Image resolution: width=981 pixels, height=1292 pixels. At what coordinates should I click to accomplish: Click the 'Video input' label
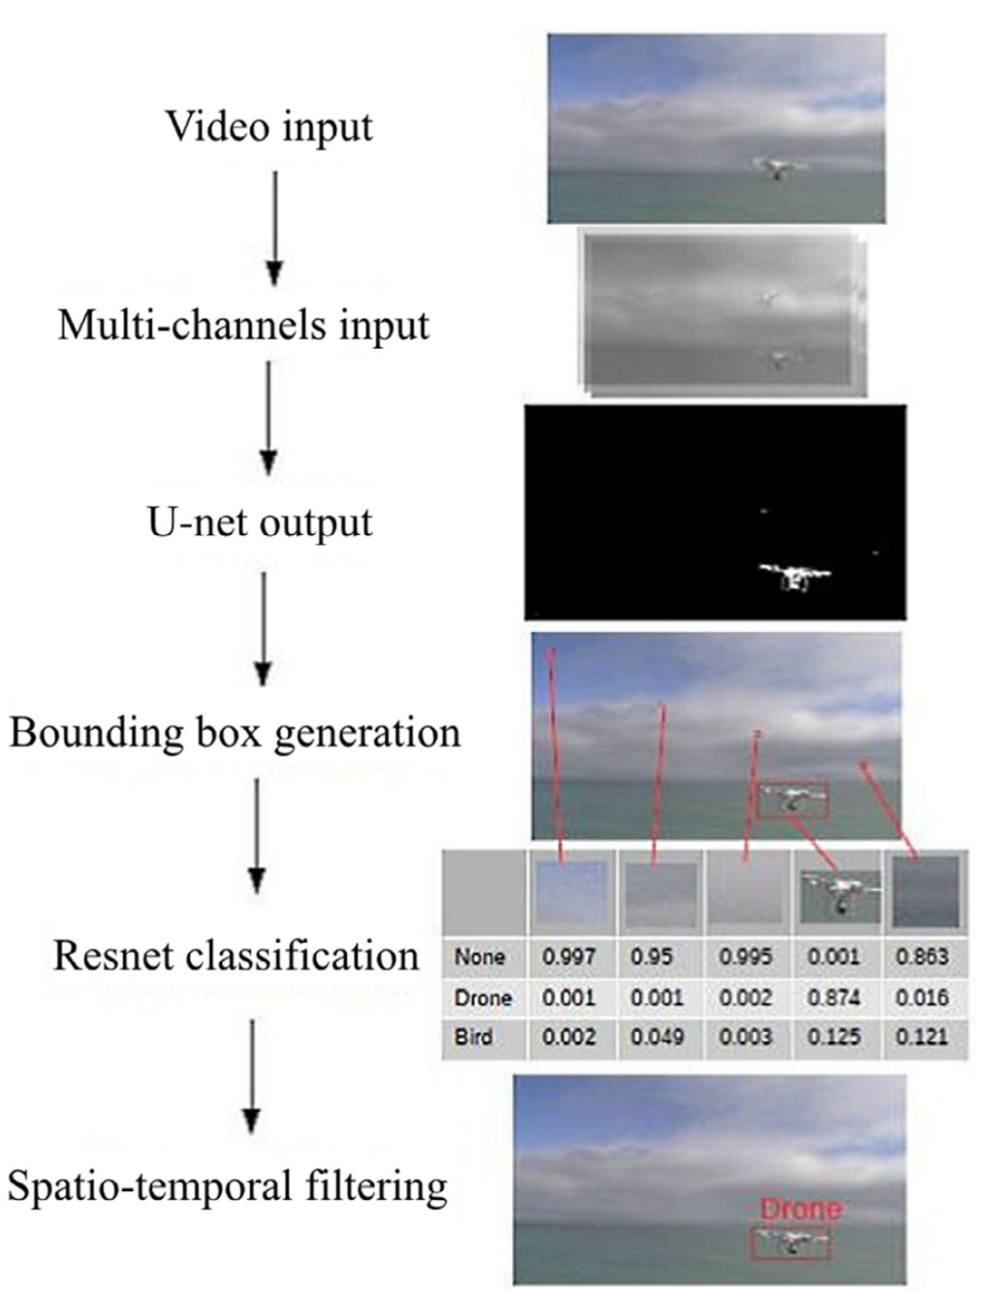[x=268, y=126]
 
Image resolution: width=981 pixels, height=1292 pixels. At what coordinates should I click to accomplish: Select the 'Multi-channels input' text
[x=243, y=325]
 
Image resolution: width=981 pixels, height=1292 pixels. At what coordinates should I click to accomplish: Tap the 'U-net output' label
[x=260, y=522]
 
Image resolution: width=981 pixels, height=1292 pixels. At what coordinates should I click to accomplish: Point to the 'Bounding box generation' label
[x=235, y=732]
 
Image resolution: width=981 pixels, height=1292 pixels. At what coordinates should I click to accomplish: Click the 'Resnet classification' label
[x=236, y=956]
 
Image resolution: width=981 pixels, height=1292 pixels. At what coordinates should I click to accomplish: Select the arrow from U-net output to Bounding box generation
[x=263, y=627]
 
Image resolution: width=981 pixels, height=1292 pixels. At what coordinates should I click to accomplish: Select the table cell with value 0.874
[x=834, y=998]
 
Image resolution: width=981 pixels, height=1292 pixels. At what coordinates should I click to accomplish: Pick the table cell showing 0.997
[x=570, y=957]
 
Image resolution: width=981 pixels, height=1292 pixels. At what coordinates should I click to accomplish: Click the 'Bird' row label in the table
[x=474, y=1037]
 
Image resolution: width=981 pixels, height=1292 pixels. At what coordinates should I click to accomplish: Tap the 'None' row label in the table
[x=480, y=957]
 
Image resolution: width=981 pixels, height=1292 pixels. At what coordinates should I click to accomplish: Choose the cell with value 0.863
[x=921, y=957]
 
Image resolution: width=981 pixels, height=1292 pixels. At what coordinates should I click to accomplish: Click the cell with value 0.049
[x=657, y=1037]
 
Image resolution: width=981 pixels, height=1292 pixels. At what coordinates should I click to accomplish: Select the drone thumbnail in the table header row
[x=838, y=895]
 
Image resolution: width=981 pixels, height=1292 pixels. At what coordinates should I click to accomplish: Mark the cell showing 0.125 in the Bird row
[x=834, y=1037]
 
